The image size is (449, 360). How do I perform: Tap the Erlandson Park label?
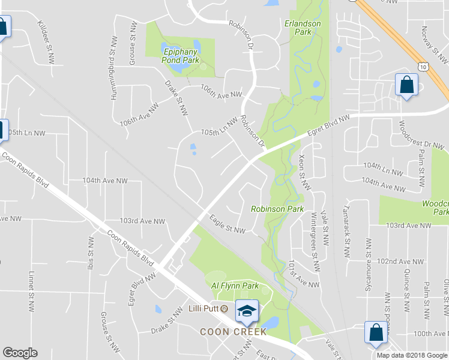[x=303, y=28]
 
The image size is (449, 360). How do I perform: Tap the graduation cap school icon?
[x=246, y=311]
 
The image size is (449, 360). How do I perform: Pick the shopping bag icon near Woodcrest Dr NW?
[x=406, y=85]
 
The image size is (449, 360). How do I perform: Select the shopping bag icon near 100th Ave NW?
[x=376, y=333]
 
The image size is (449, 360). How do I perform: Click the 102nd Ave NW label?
[x=400, y=262]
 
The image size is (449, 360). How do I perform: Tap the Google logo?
[x=20, y=353]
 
